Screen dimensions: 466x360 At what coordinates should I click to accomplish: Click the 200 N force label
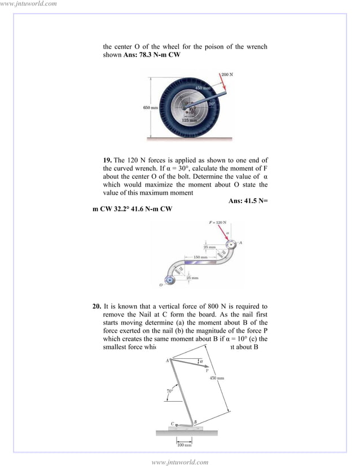point(227,74)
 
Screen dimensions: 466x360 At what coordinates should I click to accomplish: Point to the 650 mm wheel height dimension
point(150,107)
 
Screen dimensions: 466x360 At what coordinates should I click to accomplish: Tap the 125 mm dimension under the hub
point(189,120)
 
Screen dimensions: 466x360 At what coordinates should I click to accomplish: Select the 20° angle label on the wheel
point(212,104)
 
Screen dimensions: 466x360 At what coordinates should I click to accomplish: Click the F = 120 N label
point(218,223)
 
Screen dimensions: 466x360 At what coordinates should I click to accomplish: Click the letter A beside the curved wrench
point(240,243)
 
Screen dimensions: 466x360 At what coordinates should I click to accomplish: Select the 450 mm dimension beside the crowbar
point(218,378)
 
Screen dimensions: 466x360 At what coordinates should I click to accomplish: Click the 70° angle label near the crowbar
point(169,390)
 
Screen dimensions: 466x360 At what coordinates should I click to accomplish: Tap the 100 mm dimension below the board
point(185,445)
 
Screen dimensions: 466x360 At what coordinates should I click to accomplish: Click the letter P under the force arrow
point(207,371)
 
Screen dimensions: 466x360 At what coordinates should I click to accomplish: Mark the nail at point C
point(176,424)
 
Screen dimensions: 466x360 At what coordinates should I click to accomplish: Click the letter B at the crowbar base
point(195,422)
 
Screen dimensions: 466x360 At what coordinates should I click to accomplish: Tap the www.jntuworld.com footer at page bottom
point(180,461)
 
